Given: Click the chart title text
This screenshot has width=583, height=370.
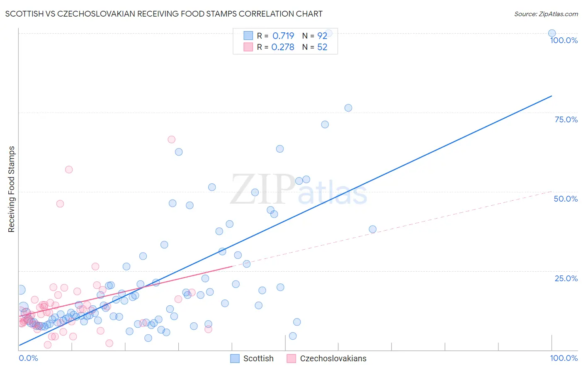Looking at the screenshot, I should click(164, 14).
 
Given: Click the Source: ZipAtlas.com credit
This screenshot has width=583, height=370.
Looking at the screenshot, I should click(546, 14).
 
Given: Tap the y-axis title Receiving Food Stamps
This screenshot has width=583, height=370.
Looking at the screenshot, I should click(11, 189).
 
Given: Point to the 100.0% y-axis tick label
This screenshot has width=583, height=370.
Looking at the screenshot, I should click(564, 40).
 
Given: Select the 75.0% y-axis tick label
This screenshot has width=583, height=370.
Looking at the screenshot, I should click(566, 119).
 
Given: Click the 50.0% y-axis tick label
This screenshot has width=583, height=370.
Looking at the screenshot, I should click(566, 199).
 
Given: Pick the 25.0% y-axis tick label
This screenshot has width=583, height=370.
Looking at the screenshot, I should click(566, 278).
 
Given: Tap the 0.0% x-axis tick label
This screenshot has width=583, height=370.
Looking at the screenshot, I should click(28, 358).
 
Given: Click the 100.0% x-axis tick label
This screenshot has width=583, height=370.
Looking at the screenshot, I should click(564, 358).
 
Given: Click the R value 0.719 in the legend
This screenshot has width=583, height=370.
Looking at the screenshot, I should click(283, 36).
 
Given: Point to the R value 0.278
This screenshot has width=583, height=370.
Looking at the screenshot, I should click(283, 47).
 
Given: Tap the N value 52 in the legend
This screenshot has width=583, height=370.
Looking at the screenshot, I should click(322, 47).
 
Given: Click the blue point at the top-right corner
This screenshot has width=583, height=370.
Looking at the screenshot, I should click(552, 33).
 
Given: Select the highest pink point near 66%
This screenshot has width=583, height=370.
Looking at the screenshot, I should click(171, 139).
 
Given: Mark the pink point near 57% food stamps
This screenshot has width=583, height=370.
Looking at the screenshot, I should click(69, 170).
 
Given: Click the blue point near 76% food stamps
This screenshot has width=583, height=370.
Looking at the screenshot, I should click(348, 108).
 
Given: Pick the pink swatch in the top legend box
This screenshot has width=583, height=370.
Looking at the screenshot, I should click(248, 47).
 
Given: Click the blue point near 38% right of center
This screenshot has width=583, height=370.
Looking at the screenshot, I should click(372, 229).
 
